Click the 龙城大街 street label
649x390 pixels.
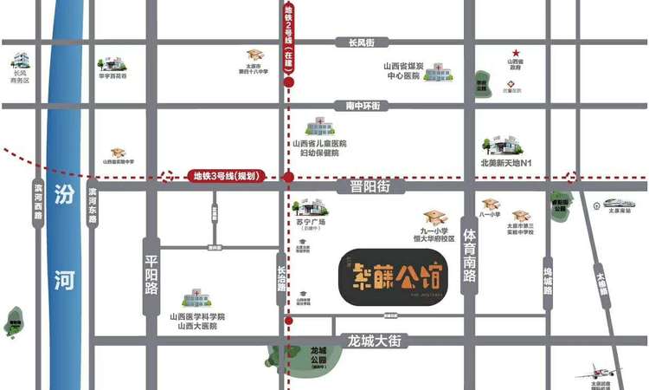pos(373,341)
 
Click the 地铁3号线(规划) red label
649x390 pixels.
pos(224,176)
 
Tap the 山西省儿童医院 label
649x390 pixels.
pos(319,144)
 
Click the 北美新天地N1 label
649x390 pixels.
pos(511,162)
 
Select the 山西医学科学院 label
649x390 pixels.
pos(197,317)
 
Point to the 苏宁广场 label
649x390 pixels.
pos(310,223)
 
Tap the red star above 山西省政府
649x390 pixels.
pos(516,53)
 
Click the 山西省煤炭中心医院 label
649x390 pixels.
pos(403,71)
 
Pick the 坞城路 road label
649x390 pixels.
pos(547,283)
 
